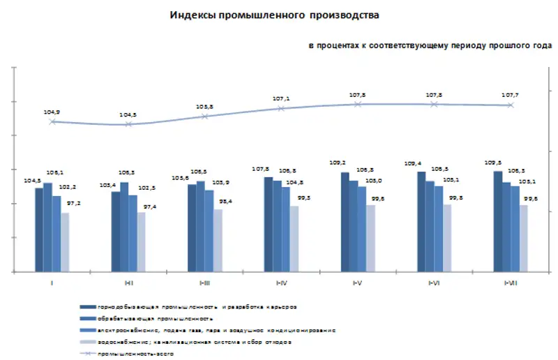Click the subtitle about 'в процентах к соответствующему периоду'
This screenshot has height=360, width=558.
430,45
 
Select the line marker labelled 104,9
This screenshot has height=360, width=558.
52,121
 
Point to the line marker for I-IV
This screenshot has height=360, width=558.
281,109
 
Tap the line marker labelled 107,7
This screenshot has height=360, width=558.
511,105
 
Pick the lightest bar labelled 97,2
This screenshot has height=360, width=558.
65,241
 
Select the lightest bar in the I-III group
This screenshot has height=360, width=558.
218,239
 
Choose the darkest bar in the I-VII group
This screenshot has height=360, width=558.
498,220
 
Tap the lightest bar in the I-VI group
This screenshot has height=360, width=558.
447,237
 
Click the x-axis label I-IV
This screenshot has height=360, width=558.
281,283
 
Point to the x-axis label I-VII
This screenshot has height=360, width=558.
511,283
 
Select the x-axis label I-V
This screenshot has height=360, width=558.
358,283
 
